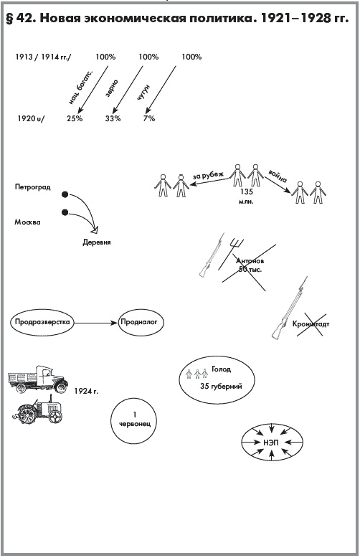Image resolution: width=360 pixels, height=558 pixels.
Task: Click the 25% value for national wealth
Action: click(75, 118)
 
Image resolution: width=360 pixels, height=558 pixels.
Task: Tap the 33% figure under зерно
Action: click(113, 118)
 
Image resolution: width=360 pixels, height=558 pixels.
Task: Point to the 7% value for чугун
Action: click(149, 118)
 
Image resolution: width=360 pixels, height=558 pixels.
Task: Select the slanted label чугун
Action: click(143, 93)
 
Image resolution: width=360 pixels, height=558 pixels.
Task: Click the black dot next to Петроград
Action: click(65, 194)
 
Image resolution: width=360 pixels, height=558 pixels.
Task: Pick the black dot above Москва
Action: click(65, 212)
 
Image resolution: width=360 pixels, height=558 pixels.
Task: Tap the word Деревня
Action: click(97, 242)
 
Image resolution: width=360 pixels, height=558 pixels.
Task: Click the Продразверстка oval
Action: click(42, 323)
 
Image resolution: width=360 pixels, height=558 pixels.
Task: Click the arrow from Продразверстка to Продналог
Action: click(95, 323)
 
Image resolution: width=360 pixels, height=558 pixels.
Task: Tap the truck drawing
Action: click(38, 378)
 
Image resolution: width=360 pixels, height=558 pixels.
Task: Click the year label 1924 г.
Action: click(86, 391)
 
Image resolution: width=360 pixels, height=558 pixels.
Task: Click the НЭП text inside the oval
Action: click(271, 443)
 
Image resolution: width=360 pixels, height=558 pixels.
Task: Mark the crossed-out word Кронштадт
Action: click(311, 324)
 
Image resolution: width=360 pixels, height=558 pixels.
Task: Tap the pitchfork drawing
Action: click(229, 253)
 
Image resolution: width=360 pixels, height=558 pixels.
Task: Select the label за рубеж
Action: click(208, 176)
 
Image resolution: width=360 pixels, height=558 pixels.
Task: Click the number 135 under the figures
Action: click(246, 191)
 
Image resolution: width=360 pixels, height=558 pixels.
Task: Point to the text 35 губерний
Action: click(221, 386)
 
